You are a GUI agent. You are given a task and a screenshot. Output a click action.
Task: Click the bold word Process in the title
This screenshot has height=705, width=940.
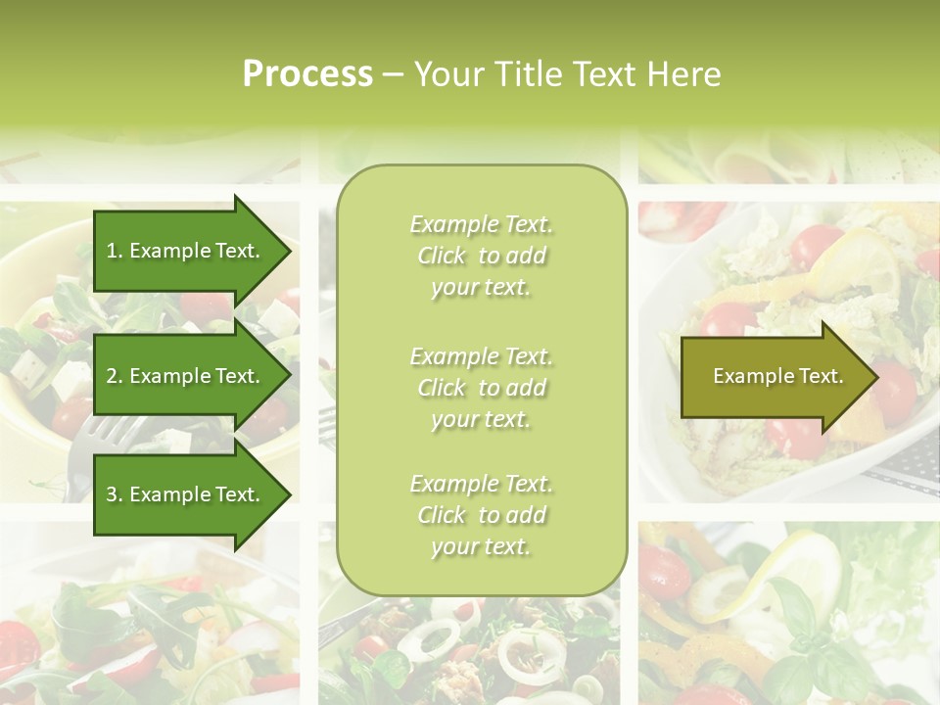(307, 74)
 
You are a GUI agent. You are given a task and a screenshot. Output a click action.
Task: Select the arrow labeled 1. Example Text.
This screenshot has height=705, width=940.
(186, 252)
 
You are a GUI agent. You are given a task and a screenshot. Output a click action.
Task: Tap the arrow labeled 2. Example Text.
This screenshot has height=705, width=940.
(186, 377)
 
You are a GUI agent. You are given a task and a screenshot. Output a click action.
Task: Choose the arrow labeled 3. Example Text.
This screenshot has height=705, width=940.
(186, 494)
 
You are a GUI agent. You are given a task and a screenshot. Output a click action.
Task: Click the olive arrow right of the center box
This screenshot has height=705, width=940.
(774, 377)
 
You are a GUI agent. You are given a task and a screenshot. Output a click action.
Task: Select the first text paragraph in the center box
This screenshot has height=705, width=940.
(481, 256)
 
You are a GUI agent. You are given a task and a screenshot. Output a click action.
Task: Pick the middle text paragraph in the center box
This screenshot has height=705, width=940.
(481, 387)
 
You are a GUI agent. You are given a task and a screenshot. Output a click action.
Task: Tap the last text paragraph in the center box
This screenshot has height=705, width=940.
(481, 515)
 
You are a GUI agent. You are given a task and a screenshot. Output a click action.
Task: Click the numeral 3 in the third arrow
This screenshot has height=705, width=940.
(112, 494)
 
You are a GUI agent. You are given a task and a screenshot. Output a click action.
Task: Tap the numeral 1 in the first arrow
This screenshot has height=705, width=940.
(112, 252)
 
